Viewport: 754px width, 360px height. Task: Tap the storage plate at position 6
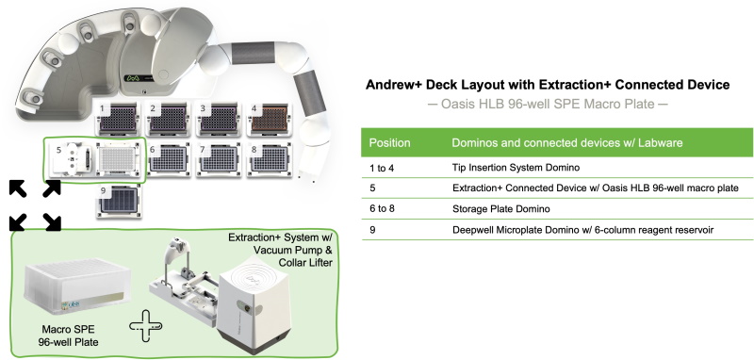pyautogui.click(x=169, y=158)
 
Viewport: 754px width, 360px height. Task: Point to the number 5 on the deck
pyautogui.click(x=58, y=150)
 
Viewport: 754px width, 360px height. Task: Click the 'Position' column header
pyautogui.click(x=389, y=142)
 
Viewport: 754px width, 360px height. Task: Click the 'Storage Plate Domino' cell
pyautogui.click(x=501, y=209)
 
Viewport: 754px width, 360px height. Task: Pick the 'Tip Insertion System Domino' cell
pyautogui.click(x=516, y=168)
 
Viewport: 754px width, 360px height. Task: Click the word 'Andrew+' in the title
pyautogui.click(x=392, y=85)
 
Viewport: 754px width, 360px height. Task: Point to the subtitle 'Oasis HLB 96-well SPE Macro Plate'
pyautogui.click(x=548, y=104)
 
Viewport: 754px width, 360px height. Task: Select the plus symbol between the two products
pyautogui.click(x=146, y=326)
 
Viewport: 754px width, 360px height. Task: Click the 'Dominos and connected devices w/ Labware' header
pyautogui.click(x=567, y=142)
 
